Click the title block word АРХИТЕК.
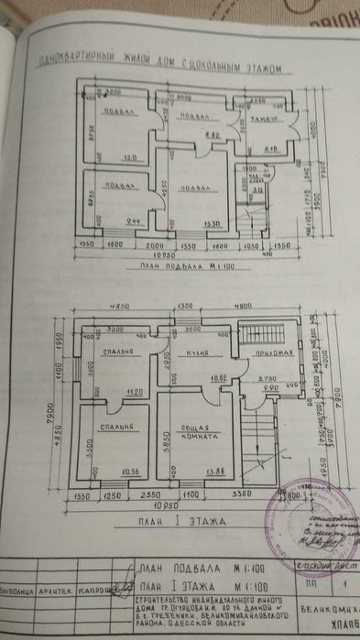(60, 591)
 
